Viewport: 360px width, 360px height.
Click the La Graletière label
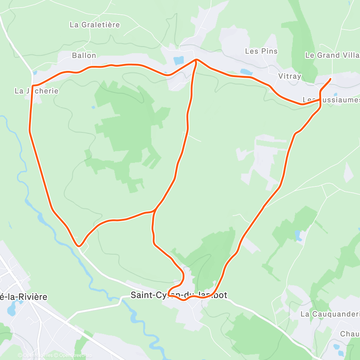(95, 25)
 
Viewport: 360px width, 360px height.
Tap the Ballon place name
(84, 55)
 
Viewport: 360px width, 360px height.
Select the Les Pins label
(261, 51)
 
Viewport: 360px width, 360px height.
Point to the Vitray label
(289, 76)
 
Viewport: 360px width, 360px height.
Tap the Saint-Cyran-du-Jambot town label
(179, 295)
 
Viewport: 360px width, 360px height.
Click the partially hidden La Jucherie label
(36, 91)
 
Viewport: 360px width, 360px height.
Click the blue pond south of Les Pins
(246, 71)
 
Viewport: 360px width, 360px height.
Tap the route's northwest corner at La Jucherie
(33, 86)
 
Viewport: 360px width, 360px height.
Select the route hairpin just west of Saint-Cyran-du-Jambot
(168, 295)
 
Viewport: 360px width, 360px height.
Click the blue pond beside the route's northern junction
(179, 60)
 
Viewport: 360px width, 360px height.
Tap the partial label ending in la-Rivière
(23, 297)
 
